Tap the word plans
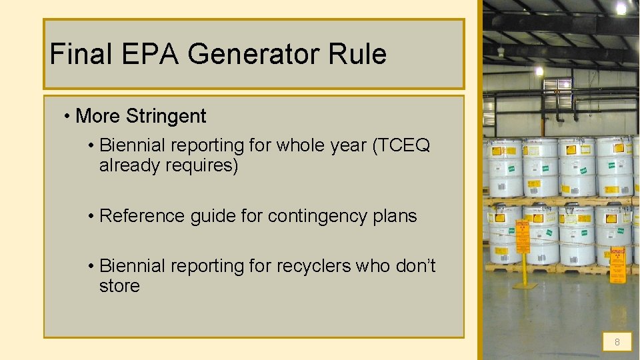click(395, 216)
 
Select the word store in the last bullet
click(119, 286)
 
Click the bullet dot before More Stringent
click(67, 116)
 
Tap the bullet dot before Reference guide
click(91, 216)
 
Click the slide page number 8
click(617, 342)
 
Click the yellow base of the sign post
click(525, 285)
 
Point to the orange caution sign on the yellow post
click(523, 241)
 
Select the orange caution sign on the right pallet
click(620, 264)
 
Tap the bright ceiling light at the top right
click(621, 8)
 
